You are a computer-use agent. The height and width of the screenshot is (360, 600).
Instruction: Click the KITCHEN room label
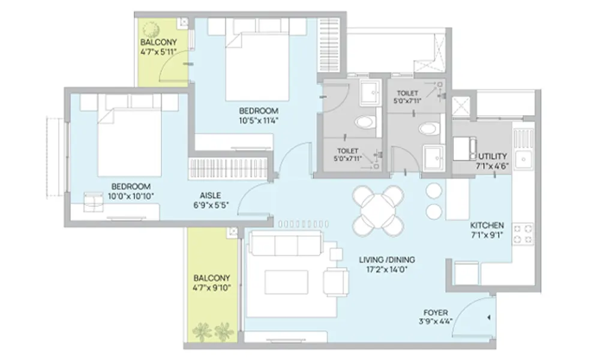pos(487,225)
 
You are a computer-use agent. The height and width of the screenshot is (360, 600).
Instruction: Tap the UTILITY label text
pos(493,156)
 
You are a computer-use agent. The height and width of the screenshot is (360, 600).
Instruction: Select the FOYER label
pos(436,312)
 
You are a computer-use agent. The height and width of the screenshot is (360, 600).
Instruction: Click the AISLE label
pos(210,195)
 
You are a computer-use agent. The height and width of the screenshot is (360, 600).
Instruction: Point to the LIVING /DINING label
pos(387,259)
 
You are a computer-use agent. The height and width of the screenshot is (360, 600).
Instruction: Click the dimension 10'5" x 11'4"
pos(258,121)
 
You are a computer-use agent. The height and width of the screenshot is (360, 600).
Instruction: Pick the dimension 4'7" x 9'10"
pos(212,287)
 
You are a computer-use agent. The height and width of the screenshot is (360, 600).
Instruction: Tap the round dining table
pos(378,211)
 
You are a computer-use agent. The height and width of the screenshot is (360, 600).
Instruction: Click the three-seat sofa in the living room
pos(286,243)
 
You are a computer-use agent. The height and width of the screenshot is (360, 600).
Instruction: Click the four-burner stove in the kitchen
pos(523,234)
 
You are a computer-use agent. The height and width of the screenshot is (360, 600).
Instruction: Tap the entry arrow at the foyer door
pos(488,317)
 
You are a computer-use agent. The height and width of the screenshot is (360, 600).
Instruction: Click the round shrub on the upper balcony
pos(151,29)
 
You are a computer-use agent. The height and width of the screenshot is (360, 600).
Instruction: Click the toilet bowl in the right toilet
pos(427,128)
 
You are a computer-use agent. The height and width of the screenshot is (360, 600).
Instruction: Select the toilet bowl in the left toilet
pos(364,122)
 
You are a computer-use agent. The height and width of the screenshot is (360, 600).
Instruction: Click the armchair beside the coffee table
pos(336,282)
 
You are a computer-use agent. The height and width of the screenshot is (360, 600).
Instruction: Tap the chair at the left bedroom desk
pos(94,201)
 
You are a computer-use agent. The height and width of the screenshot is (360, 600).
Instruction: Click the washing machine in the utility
pos(464,149)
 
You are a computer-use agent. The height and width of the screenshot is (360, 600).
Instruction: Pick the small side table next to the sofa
pos(336,254)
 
